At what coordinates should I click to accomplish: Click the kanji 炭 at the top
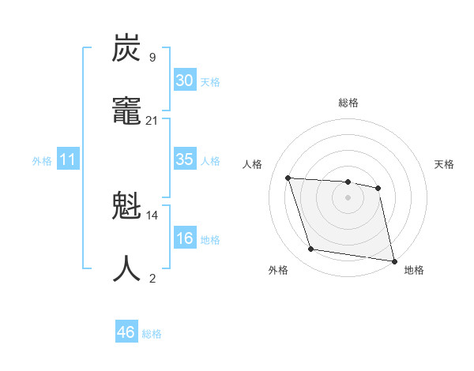[x=126, y=49]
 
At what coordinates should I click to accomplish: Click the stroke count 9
[x=152, y=57]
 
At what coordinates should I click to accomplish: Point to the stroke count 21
[x=152, y=120]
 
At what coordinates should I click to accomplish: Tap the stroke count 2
[x=152, y=278]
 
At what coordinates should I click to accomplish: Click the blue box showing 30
[x=184, y=81]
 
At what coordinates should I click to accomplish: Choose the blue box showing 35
[x=184, y=159]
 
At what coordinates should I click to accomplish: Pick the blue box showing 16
[x=184, y=239]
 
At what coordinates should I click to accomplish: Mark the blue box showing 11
[x=68, y=160]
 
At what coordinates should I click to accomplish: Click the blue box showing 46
[x=126, y=332]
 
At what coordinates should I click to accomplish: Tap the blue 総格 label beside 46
[x=152, y=334]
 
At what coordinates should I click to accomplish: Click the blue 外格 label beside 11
[x=42, y=161]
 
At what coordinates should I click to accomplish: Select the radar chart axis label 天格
[x=444, y=164]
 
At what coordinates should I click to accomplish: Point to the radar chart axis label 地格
[x=414, y=270]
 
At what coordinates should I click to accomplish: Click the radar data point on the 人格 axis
[x=288, y=178]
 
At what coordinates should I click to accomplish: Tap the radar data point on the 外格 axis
[x=311, y=249]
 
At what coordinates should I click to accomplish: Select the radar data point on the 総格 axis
[x=348, y=182]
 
